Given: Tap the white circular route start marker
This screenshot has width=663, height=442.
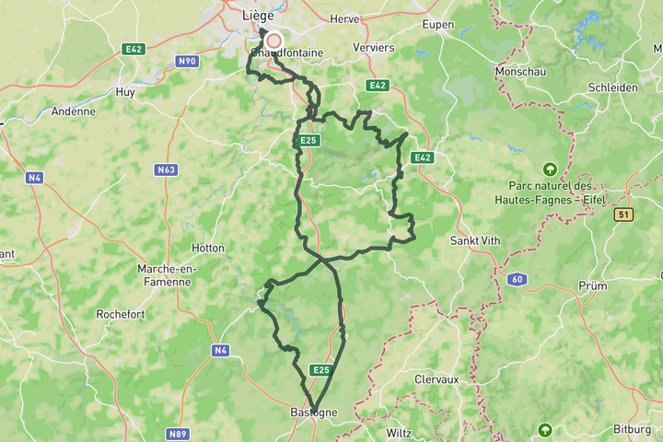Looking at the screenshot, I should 273,41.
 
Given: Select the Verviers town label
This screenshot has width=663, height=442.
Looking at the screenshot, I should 373,48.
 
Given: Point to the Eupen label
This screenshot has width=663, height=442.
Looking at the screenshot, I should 438,26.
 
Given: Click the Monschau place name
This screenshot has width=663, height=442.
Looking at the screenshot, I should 520,70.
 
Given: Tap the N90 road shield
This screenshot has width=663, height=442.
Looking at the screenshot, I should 187,61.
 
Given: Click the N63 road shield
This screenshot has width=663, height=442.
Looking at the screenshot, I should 167,170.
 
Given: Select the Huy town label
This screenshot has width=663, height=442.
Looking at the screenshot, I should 125,92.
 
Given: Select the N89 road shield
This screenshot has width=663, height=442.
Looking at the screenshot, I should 178,433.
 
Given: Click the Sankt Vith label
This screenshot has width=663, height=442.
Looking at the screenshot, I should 475,240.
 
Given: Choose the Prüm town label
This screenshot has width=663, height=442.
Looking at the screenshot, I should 593,286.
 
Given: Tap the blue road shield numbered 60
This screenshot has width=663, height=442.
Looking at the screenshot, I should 518,279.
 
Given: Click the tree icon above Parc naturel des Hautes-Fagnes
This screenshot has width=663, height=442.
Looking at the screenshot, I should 550,169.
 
